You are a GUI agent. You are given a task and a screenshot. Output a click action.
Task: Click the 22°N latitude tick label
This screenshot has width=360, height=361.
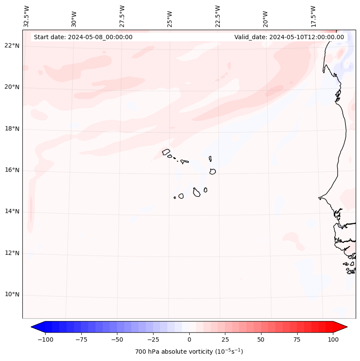click(x=12, y=46)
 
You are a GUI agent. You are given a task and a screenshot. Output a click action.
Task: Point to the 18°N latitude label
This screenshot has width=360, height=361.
click(x=12, y=129)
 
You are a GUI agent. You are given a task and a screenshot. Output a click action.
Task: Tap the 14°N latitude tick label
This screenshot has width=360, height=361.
click(x=12, y=211)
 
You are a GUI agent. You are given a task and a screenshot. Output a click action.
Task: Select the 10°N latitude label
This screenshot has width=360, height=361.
click(x=12, y=294)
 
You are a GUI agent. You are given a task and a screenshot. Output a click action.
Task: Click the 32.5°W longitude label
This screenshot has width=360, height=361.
click(x=27, y=16)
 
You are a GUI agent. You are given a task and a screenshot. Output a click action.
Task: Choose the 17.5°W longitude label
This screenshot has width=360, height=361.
click(x=313, y=16)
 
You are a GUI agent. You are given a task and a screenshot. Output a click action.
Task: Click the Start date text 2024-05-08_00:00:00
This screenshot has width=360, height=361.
click(x=83, y=37)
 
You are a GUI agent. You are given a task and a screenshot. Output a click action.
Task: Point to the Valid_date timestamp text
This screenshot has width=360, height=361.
click(x=289, y=37)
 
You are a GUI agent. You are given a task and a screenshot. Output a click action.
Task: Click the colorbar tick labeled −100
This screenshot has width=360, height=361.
click(x=44, y=339)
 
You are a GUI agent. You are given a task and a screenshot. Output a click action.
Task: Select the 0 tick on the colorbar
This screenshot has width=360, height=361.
click(x=189, y=339)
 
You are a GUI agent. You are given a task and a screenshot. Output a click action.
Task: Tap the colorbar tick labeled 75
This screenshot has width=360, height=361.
click(x=297, y=339)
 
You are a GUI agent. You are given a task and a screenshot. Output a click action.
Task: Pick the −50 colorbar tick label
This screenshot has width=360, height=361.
click(x=116, y=339)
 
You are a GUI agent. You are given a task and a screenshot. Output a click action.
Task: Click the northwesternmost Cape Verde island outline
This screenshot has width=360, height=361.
click(x=166, y=151)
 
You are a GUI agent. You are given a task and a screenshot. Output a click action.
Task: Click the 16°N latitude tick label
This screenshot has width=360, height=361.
click(x=12, y=170)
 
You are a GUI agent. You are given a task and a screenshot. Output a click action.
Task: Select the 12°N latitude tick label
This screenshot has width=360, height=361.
click(x=12, y=253)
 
